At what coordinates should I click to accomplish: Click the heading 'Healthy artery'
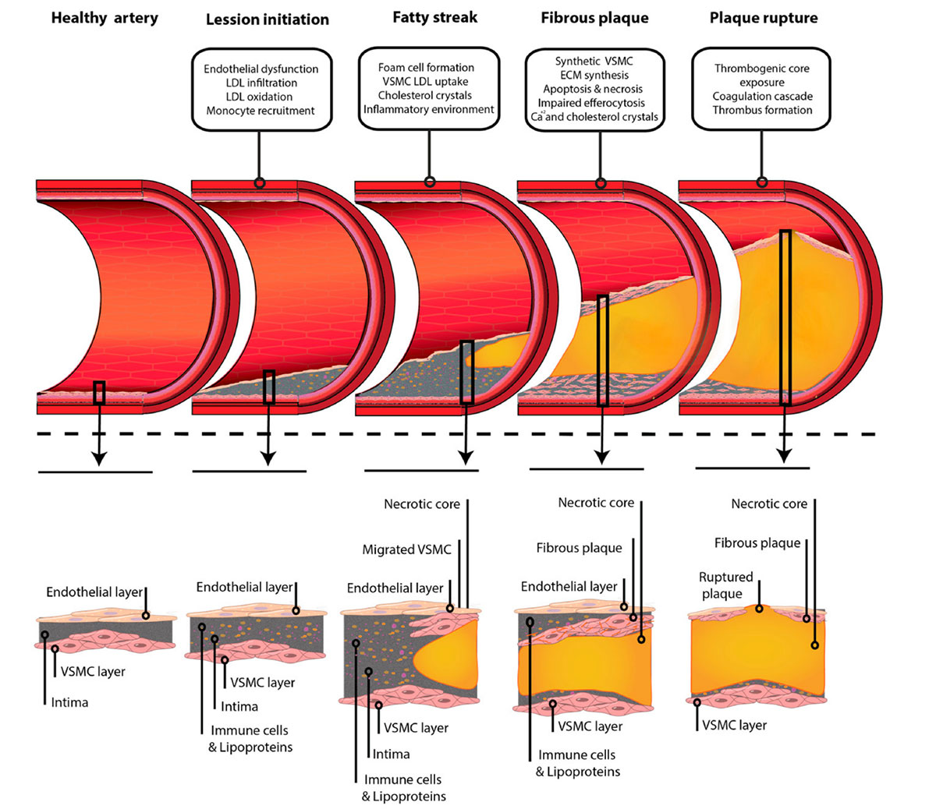click(105, 17)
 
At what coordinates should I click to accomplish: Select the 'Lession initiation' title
click(268, 19)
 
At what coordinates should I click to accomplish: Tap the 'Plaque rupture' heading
click(764, 17)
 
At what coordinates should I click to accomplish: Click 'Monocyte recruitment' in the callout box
click(261, 111)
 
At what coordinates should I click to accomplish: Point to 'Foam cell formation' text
click(426, 68)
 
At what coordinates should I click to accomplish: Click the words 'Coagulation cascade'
click(762, 97)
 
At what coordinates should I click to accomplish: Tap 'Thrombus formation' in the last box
click(762, 110)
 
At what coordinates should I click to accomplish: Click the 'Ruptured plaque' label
click(725, 585)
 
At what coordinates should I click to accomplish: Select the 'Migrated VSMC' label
click(406, 549)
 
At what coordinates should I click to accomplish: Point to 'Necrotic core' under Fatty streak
click(422, 504)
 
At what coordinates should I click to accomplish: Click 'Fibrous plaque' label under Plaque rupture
click(757, 542)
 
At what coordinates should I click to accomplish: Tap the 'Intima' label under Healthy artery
click(69, 702)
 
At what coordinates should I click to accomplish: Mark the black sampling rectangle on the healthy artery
click(99, 392)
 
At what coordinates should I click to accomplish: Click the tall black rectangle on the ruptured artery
click(785, 317)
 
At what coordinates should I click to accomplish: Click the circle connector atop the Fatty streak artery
click(429, 182)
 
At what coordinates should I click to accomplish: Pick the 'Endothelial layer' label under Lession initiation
click(244, 587)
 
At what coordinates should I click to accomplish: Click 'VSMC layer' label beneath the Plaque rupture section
click(734, 725)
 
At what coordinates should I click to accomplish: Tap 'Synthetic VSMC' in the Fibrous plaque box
click(594, 62)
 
